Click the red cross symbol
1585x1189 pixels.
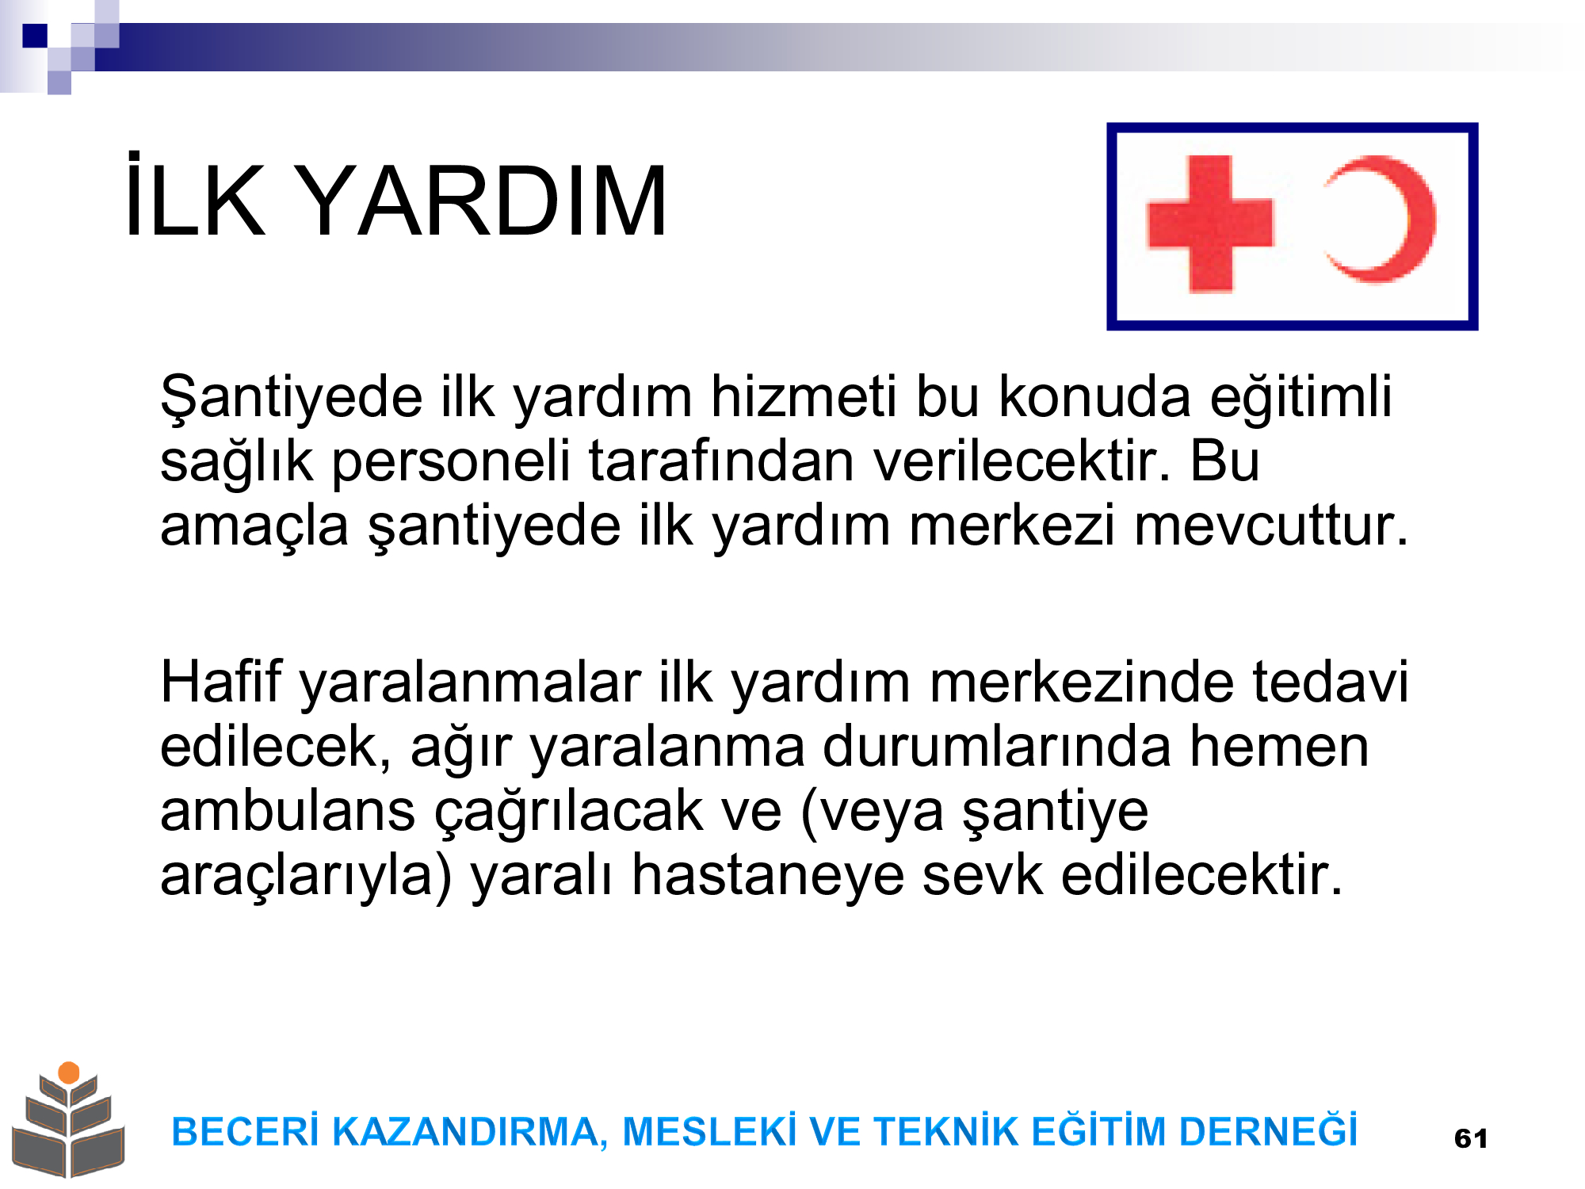(x=1210, y=224)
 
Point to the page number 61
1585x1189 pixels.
(x=1471, y=1138)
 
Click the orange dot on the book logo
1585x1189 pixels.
(x=69, y=1072)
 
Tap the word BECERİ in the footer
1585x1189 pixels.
(x=245, y=1131)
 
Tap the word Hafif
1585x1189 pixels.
(x=221, y=682)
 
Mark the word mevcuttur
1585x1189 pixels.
(x=1272, y=526)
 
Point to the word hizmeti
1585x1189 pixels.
(x=804, y=396)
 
